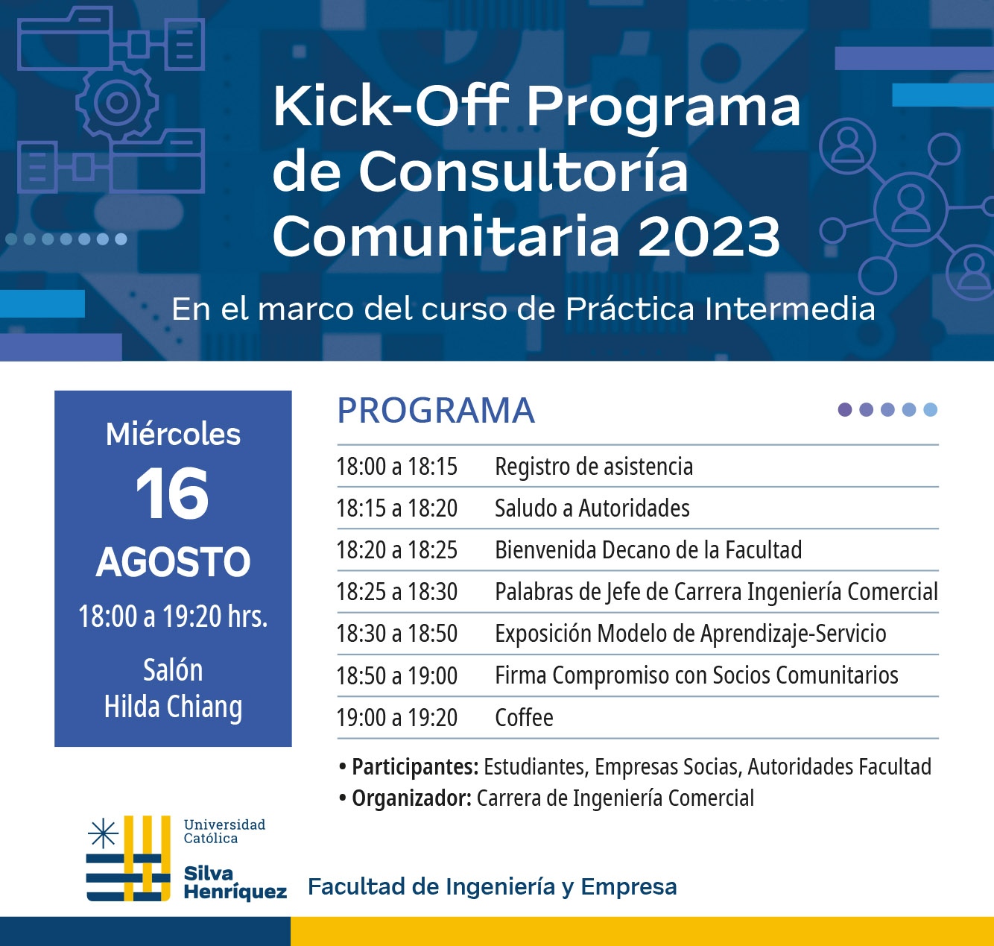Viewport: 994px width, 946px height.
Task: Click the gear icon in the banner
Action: (117, 103)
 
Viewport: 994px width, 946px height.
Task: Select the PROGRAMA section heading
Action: (436, 410)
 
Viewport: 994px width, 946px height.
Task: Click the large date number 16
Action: (172, 494)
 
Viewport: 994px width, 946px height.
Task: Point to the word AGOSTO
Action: (174, 562)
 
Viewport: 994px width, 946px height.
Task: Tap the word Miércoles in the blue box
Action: (173, 434)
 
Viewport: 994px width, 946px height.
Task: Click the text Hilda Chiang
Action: (173, 707)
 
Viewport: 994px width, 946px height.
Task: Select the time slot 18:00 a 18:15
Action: (397, 467)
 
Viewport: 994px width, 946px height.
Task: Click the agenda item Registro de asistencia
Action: (594, 467)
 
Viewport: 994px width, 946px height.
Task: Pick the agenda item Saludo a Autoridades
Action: (592, 508)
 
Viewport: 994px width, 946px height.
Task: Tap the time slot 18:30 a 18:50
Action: (397, 634)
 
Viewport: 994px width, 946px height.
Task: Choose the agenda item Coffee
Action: (524, 718)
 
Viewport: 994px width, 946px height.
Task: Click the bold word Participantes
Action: (415, 767)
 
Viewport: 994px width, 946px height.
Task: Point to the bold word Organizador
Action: (411, 798)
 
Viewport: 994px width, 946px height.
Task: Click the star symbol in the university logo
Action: (103, 833)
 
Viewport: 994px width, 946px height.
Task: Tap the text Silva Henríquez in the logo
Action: (235, 883)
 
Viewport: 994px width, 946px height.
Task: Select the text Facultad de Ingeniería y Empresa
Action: (492, 887)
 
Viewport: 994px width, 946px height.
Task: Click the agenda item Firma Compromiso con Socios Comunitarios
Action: (696, 675)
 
